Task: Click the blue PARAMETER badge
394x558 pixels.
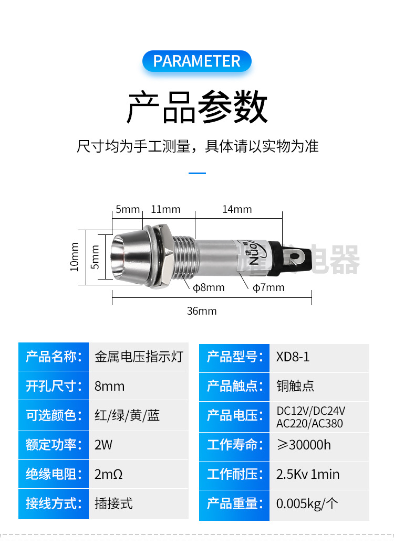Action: click(196, 61)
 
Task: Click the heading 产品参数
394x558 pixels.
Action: click(197, 107)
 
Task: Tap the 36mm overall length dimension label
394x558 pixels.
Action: click(202, 311)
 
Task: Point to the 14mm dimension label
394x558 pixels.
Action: click(237, 209)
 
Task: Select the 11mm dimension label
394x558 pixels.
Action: click(165, 209)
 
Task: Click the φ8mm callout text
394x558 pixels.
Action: click(209, 287)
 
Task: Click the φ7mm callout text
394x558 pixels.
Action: click(268, 287)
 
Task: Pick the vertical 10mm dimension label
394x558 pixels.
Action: click(75, 256)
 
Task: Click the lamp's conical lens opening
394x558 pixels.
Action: click(125, 256)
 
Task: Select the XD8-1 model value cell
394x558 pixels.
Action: click(293, 357)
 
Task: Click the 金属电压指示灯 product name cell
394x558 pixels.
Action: click(139, 357)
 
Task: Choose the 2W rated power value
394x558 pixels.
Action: click(103, 445)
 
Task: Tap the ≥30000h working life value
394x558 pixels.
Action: click(304, 445)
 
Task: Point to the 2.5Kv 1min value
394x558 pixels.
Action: click(308, 475)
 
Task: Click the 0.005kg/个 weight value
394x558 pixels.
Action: click(307, 504)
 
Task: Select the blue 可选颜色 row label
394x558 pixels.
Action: click(54, 416)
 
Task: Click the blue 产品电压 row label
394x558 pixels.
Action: click(234, 416)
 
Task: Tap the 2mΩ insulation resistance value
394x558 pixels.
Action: click(109, 475)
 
